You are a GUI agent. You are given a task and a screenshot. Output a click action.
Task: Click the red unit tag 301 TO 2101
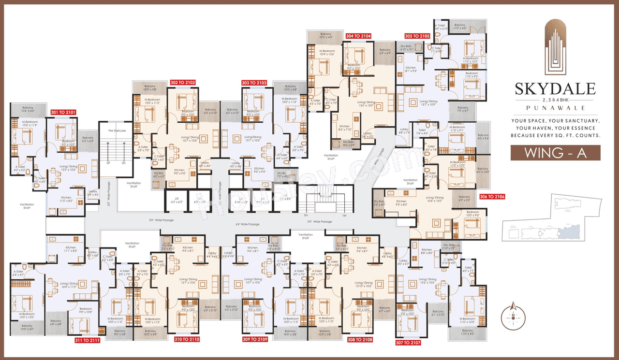pos(63,112)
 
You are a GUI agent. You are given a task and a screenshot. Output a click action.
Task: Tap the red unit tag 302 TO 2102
pos(183,83)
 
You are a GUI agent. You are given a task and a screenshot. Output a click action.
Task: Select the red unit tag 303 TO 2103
pos(254,83)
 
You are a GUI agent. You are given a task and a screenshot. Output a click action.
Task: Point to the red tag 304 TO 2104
pos(358,36)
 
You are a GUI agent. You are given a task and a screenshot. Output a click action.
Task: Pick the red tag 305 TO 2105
pos(417,36)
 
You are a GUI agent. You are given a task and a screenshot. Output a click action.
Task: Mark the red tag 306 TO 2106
pos(492,196)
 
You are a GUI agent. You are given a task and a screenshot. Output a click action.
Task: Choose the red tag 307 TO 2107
pos(408,343)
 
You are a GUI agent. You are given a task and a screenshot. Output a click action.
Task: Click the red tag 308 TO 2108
pos(359,339)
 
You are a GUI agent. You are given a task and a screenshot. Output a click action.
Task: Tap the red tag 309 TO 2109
pos(255,339)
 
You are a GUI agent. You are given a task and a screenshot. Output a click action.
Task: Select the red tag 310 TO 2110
pos(187,339)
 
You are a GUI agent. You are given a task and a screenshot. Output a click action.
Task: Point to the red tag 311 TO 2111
pos(88,340)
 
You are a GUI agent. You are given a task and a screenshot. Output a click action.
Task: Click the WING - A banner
pos(556,153)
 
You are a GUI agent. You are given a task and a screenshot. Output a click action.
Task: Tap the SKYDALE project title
pos(555,89)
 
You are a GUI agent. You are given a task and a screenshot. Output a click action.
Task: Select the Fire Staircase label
pos(117,130)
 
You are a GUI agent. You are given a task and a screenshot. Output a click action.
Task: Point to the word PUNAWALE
pos(556,108)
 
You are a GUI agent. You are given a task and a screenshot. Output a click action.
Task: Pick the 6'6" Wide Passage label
pos(248,224)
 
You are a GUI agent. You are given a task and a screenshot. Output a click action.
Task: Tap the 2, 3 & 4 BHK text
pos(556,99)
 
